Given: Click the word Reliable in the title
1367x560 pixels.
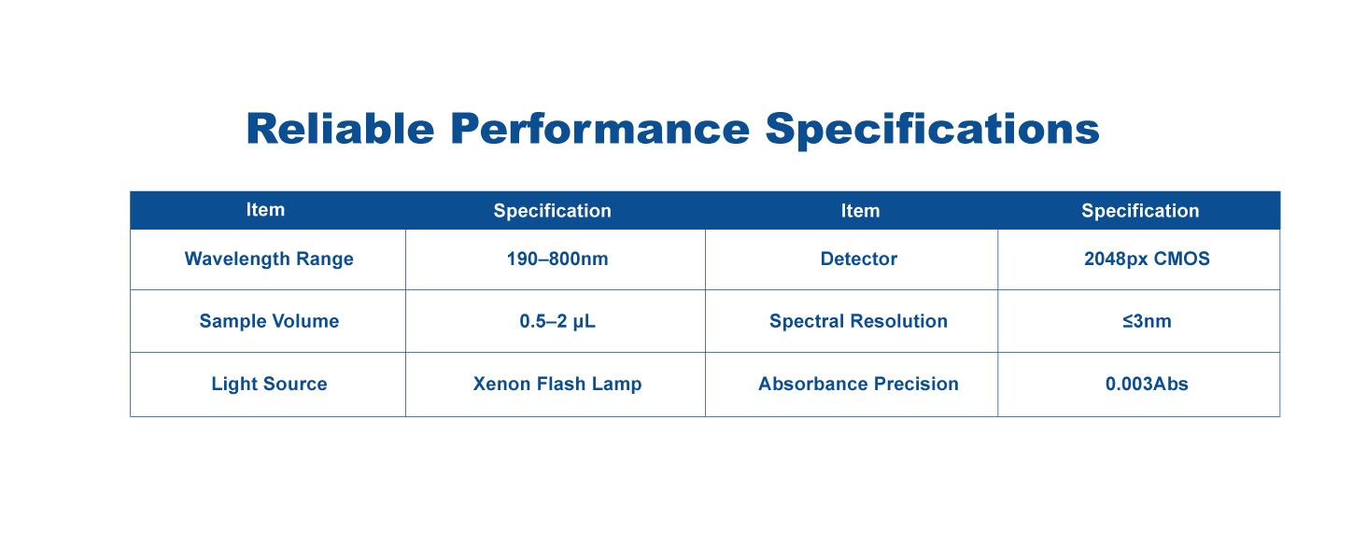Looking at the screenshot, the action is pyautogui.click(x=340, y=129).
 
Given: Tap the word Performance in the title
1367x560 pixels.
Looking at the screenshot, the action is pyautogui.click(x=599, y=129).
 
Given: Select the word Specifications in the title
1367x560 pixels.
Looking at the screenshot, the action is pyautogui.click(x=932, y=130).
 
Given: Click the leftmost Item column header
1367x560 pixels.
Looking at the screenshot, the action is pyautogui.click(x=265, y=210).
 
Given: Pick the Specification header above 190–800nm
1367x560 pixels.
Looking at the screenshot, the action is pyautogui.click(x=552, y=211).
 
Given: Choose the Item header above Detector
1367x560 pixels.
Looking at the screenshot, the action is pyautogui.click(x=861, y=211).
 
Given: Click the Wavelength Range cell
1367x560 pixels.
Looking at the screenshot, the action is pyautogui.click(x=269, y=259).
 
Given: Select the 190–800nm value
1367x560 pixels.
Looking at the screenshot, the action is pyautogui.click(x=557, y=259).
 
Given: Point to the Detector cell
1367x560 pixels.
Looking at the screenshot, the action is pyautogui.click(x=859, y=259).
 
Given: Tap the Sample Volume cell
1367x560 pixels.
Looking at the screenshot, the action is pyautogui.click(x=269, y=321).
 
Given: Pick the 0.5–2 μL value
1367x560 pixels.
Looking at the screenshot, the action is pyautogui.click(x=557, y=321).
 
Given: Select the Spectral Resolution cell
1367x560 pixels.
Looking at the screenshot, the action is pyautogui.click(x=859, y=321).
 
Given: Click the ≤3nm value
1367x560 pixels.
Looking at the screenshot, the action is pyautogui.click(x=1147, y=321).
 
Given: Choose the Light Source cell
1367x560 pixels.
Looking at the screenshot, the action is pyautogui.click(x=269, y=385).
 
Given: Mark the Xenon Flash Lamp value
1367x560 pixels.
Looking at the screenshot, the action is pyautogui.click(x=557, y=385).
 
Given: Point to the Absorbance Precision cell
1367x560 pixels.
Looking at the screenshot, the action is pyautogui.click(x=859, y=384).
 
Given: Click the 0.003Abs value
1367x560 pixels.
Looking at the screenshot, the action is pyautogui.click(x=1147, y=384).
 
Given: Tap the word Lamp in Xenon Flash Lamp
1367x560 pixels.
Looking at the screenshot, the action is pyautogui.click(x=617, y=385).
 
